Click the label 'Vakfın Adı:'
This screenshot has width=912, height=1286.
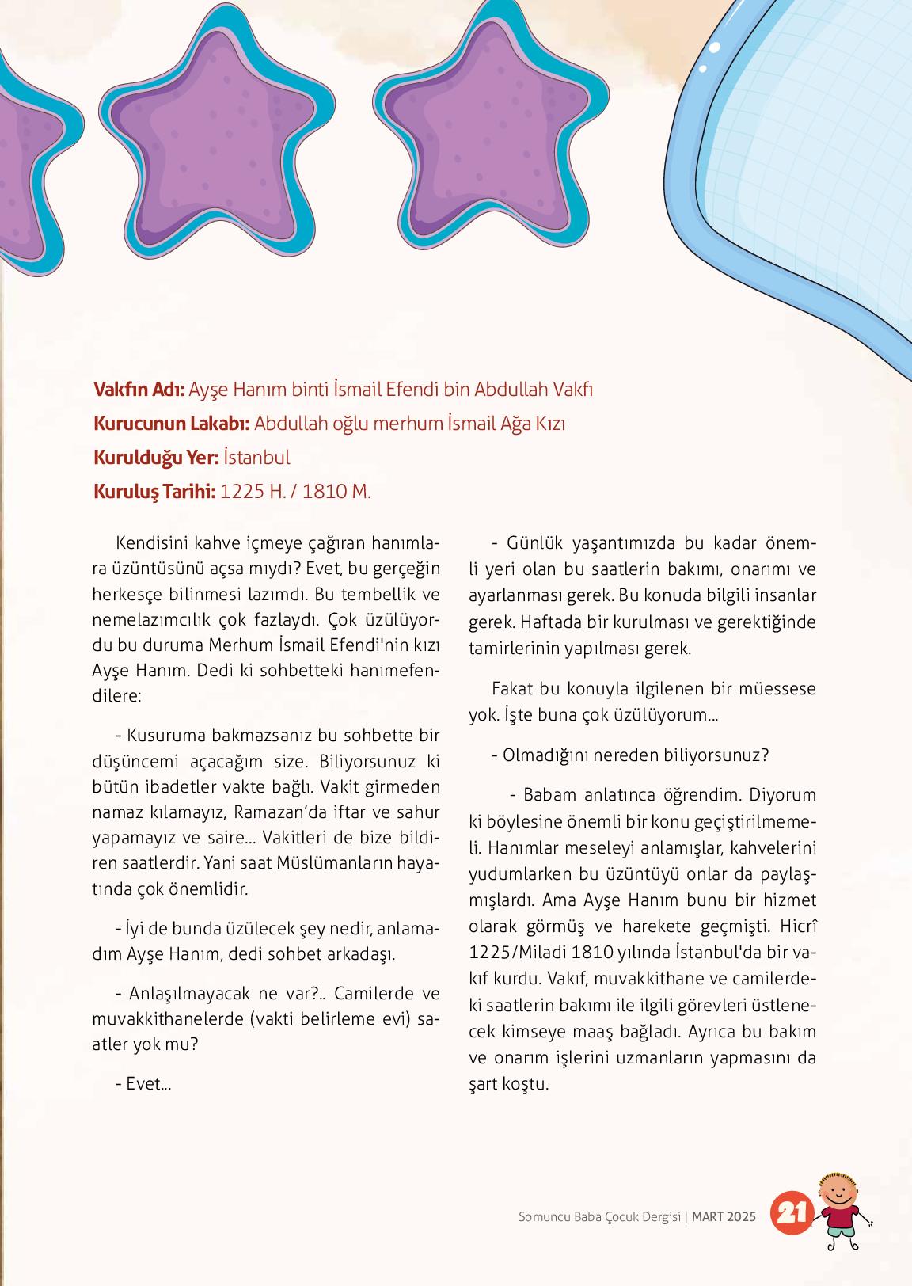click(x=139, y=390)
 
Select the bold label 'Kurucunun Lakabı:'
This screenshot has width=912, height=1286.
click(x=172, y=424)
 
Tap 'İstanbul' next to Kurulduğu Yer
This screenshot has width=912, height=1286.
click(x=256, y=458)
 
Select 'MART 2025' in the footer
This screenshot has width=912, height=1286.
click(x=724, y=1216)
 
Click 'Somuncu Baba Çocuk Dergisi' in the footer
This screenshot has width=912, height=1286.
click(x=599, y=1216)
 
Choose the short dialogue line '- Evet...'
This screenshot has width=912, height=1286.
click(x=143, y=1084)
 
